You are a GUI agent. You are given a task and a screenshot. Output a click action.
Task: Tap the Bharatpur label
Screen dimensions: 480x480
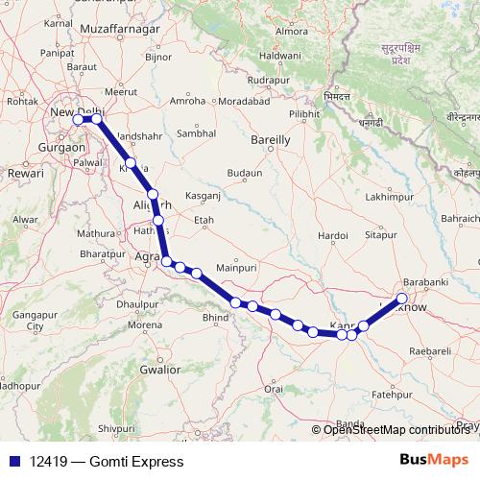click(103, 252)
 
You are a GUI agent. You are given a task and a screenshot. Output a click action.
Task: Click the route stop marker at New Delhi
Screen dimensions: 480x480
click(78, 120)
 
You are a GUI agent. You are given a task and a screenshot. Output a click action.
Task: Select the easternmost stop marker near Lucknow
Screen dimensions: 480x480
click(401, 298)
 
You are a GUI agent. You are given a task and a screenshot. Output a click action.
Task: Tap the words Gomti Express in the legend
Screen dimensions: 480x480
click(137, 462)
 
